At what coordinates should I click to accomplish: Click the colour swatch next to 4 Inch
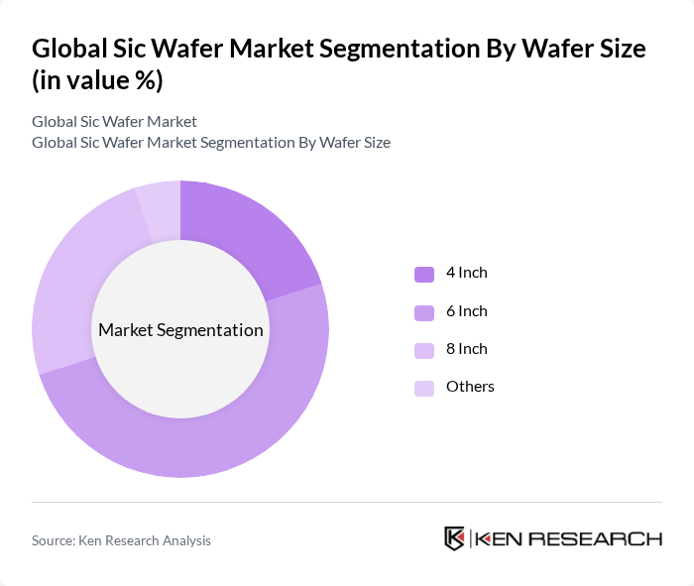(x=424, y=274)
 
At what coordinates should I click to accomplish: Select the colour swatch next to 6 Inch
(x=424, y=312)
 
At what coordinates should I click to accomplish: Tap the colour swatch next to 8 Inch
(x=424, y=350)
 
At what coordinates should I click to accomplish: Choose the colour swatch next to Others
(x=424, y=388)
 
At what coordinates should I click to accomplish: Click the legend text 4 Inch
(x=466, y=273)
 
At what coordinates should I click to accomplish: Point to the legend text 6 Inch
(x=466, y=311)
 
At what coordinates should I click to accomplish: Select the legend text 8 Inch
(x=466, y=349)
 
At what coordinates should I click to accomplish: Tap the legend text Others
(x=470, y=387)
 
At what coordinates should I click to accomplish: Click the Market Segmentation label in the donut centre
(x=180, y=330)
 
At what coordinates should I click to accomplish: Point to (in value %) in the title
(x=97, y=81)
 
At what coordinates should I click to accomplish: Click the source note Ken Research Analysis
(x=121, y=540)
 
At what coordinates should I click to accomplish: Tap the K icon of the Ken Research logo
(x=454, y=538)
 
